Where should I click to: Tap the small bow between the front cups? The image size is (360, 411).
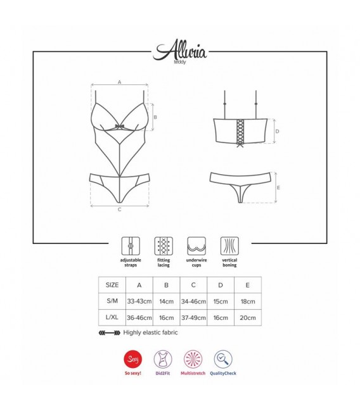119,127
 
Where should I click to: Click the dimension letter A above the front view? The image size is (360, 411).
119,82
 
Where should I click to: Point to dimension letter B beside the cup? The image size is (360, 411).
155,117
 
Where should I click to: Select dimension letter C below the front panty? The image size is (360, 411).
119,210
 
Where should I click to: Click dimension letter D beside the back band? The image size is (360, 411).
278,131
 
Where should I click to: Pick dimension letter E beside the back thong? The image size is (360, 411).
278,187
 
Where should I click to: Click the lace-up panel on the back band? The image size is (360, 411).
240,132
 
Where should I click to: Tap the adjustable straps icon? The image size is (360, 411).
131,246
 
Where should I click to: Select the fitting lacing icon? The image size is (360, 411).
164,246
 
